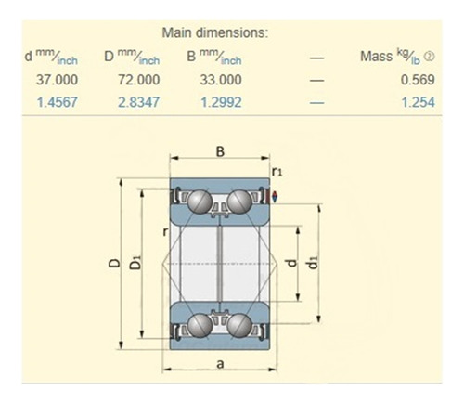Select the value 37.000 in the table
pos(56,80)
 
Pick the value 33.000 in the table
pos(216,80)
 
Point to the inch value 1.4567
pos(56,102)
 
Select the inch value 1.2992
pos(216,102)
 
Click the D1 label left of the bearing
pos(136,264)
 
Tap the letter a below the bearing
pos(220,364)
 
